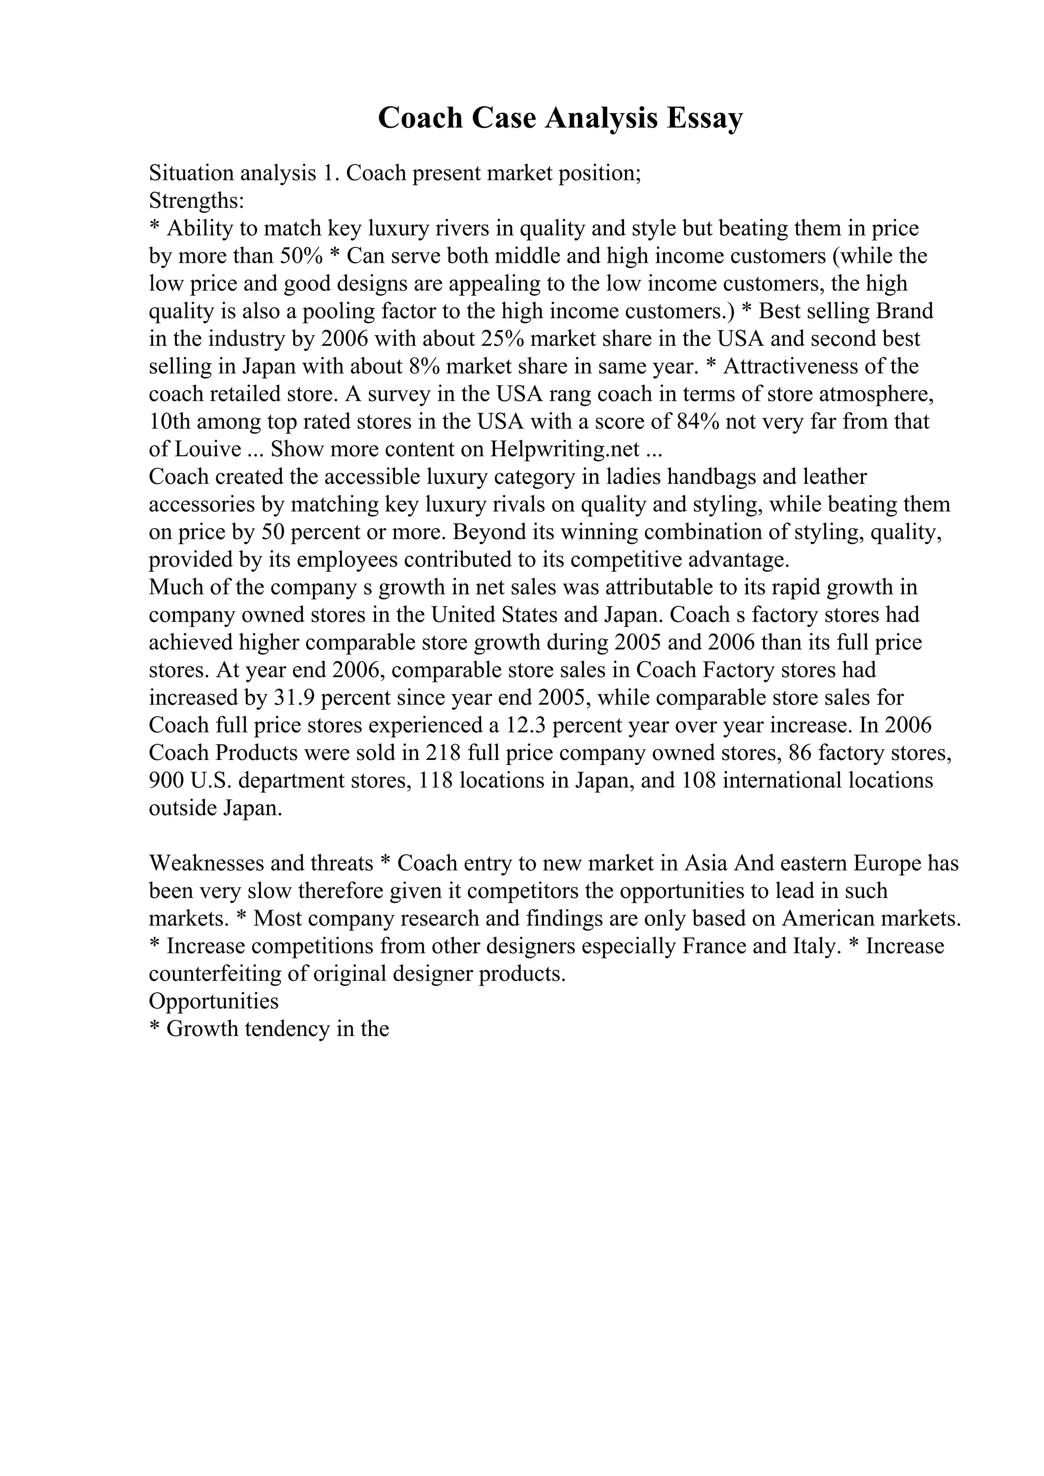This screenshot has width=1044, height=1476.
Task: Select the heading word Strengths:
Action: pyautogui.click(x=196, y=201)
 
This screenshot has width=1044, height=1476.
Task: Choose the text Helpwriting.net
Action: pyautogui.click(x=565, y=449)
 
